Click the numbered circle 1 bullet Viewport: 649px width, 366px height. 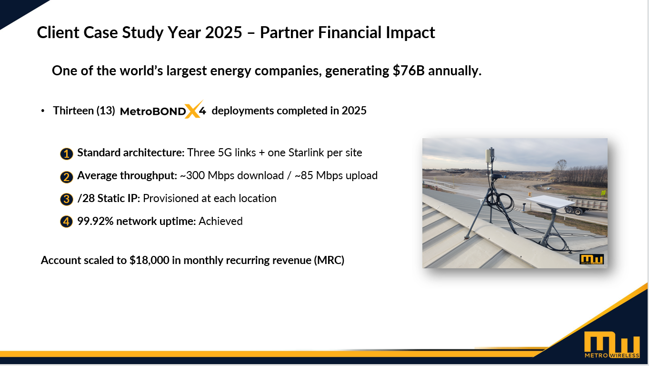66,154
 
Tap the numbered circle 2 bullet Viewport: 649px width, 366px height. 66,177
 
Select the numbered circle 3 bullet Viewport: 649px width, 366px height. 66,199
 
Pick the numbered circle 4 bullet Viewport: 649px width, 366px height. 66,222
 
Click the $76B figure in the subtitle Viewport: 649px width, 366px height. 409,71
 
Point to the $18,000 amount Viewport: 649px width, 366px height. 149,260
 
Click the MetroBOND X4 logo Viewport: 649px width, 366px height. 163,110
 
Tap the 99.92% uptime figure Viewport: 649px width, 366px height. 95,221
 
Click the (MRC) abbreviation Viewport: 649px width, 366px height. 329,260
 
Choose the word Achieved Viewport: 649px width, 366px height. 220,221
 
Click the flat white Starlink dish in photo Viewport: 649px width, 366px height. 547,202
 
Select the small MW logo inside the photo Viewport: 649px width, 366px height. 591,259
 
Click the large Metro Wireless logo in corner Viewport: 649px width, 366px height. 612,345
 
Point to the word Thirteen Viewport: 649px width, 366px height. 73,111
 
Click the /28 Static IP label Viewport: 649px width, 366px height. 109,198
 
